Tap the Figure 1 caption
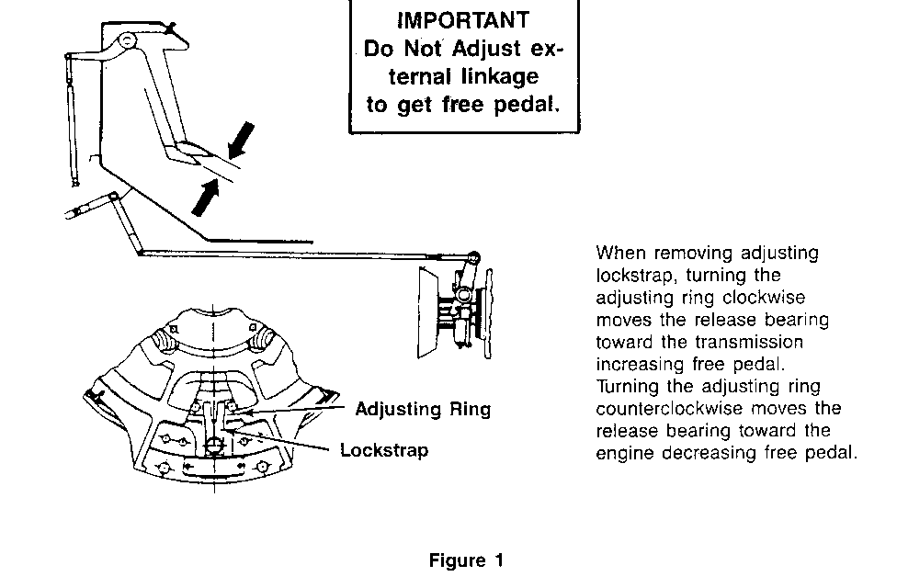pos(466,560)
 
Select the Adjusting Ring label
pos(423,409)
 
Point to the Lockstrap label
pos(384,451)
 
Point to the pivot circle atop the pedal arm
pos(126,40)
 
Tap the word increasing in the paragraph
pos(638,364)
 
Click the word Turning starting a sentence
pos(626,386)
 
